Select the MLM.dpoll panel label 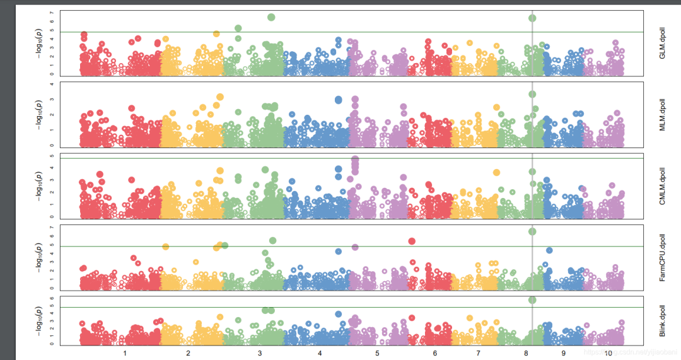(x=663, y=115)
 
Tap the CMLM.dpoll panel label (x=663, y=185)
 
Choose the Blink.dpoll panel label (x=663, y=321)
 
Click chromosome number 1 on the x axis (x=125, y=354)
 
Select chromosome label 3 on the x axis (x=260, y=354)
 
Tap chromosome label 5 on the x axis (x=377, y=354)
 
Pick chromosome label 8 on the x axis (x=526, y=354)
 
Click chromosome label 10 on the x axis (x=607, y=354)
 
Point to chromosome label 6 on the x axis (x=434, y=354)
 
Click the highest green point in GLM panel (x=271, y=17)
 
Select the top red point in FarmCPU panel (x=412, y=241)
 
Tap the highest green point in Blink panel (x=532, y=300)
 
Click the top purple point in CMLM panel (x=355, y=160)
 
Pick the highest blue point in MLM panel (x=338, y=100)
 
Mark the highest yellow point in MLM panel (x=220, y=97)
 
